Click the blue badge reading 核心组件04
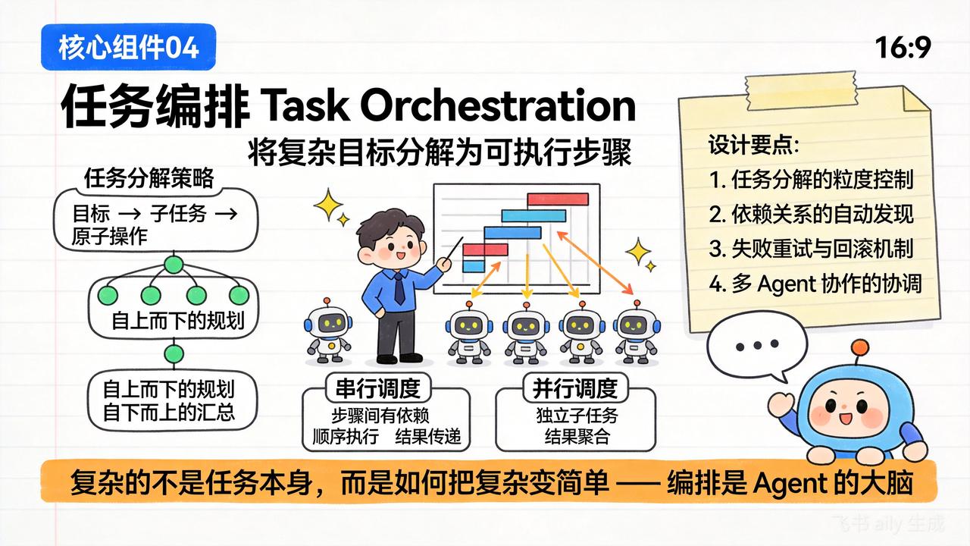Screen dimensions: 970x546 pos(129,47)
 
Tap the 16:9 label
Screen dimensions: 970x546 pos(903,48)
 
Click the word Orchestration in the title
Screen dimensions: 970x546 pos(498,105)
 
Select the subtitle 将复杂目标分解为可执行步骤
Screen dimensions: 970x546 pos(440,152)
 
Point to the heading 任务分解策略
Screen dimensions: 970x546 pos(149,178)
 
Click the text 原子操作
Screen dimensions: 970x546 pos(110,236)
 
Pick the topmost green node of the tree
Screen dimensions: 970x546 pos(174,265)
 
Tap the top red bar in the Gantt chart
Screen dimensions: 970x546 pos(558,199)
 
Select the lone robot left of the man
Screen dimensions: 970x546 pos(328,331)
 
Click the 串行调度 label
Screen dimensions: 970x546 pos(377,388)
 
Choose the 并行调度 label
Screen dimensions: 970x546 pos(575,388)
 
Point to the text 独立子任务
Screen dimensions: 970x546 pos(577,415)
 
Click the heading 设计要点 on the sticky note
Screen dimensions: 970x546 pos(753,145)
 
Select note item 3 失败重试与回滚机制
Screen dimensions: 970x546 pos(811,249)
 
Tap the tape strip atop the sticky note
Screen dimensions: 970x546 pos(801,93)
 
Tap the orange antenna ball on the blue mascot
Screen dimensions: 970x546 pos(860,348)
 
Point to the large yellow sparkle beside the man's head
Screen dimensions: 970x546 pos(328,205)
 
